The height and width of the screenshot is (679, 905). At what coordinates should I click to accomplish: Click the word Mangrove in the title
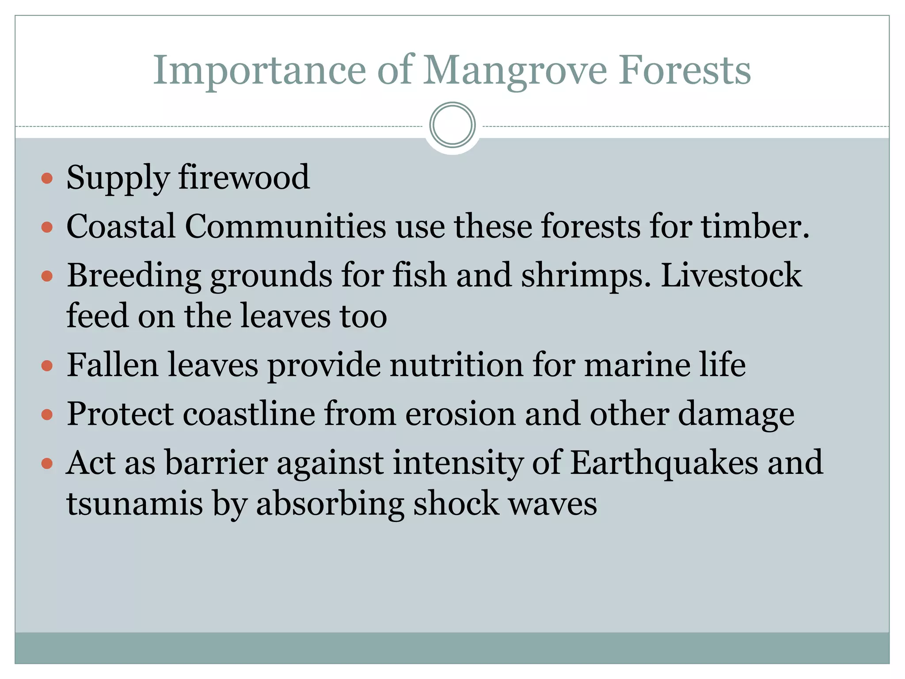(515, 71)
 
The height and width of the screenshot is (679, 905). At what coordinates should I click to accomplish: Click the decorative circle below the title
(452, 125)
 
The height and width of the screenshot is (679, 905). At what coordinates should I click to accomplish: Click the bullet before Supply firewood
(47, 179)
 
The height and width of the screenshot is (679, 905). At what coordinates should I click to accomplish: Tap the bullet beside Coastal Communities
(47, 228)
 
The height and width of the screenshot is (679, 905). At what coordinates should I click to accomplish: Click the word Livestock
(731, 275)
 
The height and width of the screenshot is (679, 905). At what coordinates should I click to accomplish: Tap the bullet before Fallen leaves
(47, 366)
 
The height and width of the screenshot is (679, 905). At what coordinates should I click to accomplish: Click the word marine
(636, 365)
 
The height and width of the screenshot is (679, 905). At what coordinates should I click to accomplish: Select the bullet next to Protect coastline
(47, 415)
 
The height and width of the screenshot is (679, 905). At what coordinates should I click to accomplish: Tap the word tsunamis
(134, 504)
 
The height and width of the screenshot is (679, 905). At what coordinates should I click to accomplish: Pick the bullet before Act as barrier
(47, 464)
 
